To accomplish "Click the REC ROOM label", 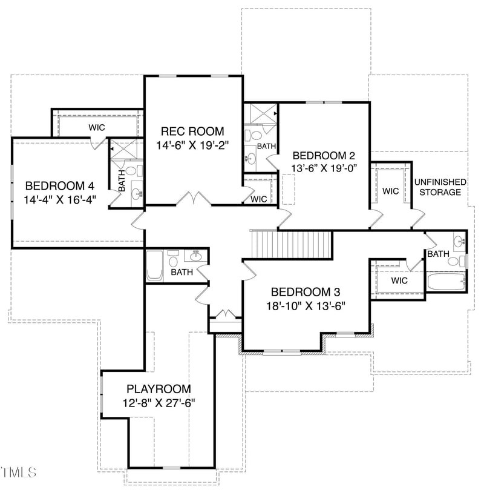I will coord(192,131).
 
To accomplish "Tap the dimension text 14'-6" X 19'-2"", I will coord(192,145).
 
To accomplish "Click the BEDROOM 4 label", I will coord(59,185).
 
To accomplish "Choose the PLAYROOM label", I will coord(159,388).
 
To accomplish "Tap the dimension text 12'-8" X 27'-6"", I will coord(159,403).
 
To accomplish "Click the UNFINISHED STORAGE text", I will coord(440,187).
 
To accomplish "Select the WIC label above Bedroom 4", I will coord(97,127).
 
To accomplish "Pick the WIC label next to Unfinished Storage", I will coord(391,191).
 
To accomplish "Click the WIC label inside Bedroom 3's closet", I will coord(399,281).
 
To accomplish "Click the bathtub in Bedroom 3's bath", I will coord(445,282).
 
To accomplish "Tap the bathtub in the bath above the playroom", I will coord(154,265).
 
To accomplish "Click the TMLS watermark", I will coord(19,471).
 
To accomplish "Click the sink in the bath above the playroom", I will coord(196,255).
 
